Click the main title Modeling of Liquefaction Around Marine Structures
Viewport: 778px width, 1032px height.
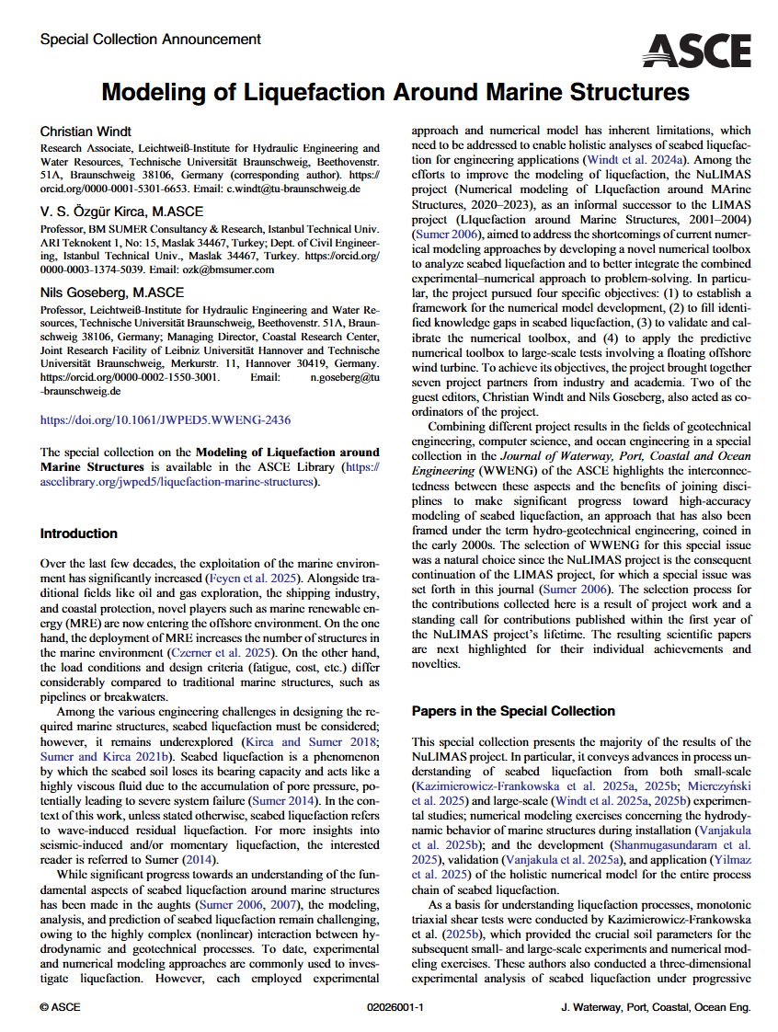pyautogui.click(x=395, y=92)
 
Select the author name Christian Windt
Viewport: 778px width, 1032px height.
pyautogui.click(x=86, y=132)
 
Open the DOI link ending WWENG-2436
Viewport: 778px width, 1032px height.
pyautogui.click(x=166, y=420)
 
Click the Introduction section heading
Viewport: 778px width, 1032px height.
pyautogui.click(x=79, y=533)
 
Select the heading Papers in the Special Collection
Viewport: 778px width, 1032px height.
pyautogui.click(x=513, y=711)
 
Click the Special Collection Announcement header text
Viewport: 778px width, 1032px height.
pyautogui.click(x=151, y=40)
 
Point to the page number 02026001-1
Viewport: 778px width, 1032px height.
pyautogui.click(x=395, y=1008)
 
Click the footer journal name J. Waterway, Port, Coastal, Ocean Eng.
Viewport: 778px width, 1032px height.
pyautogui.click(x=656, y=1008)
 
